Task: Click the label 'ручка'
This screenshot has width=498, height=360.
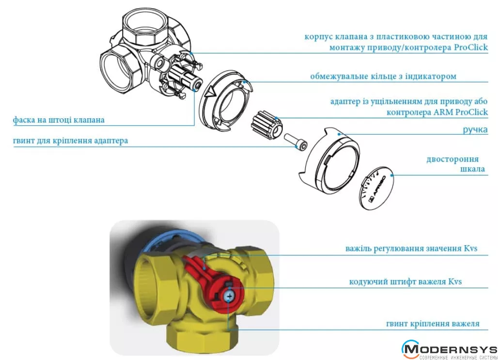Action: click(475, 130)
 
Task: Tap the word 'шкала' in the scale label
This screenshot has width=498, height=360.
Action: click(473, 169)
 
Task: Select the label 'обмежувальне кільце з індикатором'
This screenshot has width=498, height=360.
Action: click(383, 76)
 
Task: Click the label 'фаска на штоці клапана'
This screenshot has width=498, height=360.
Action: click(59, 120)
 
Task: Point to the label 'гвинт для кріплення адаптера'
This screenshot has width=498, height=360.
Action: click(71, 141)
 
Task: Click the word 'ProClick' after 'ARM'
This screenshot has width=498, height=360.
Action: click(472, 112)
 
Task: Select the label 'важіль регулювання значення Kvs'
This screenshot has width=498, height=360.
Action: click(411, 248)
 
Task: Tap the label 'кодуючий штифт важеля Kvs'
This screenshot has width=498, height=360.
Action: click(405, 282)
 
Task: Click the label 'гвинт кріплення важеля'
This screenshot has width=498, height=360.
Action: click(433, 324)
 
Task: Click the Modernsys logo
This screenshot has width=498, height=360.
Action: click(449, 349)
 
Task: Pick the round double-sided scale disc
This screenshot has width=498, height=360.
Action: click(376, 188)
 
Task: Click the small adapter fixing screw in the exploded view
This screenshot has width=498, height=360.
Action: click(296, 141)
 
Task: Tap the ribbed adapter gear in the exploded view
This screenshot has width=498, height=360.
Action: click(267, 125)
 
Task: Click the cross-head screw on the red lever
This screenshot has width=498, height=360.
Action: click(229, 297)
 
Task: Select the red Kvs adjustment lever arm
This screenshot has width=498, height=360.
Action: click(199, 268)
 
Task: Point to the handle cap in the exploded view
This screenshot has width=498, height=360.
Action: click(330, 159)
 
